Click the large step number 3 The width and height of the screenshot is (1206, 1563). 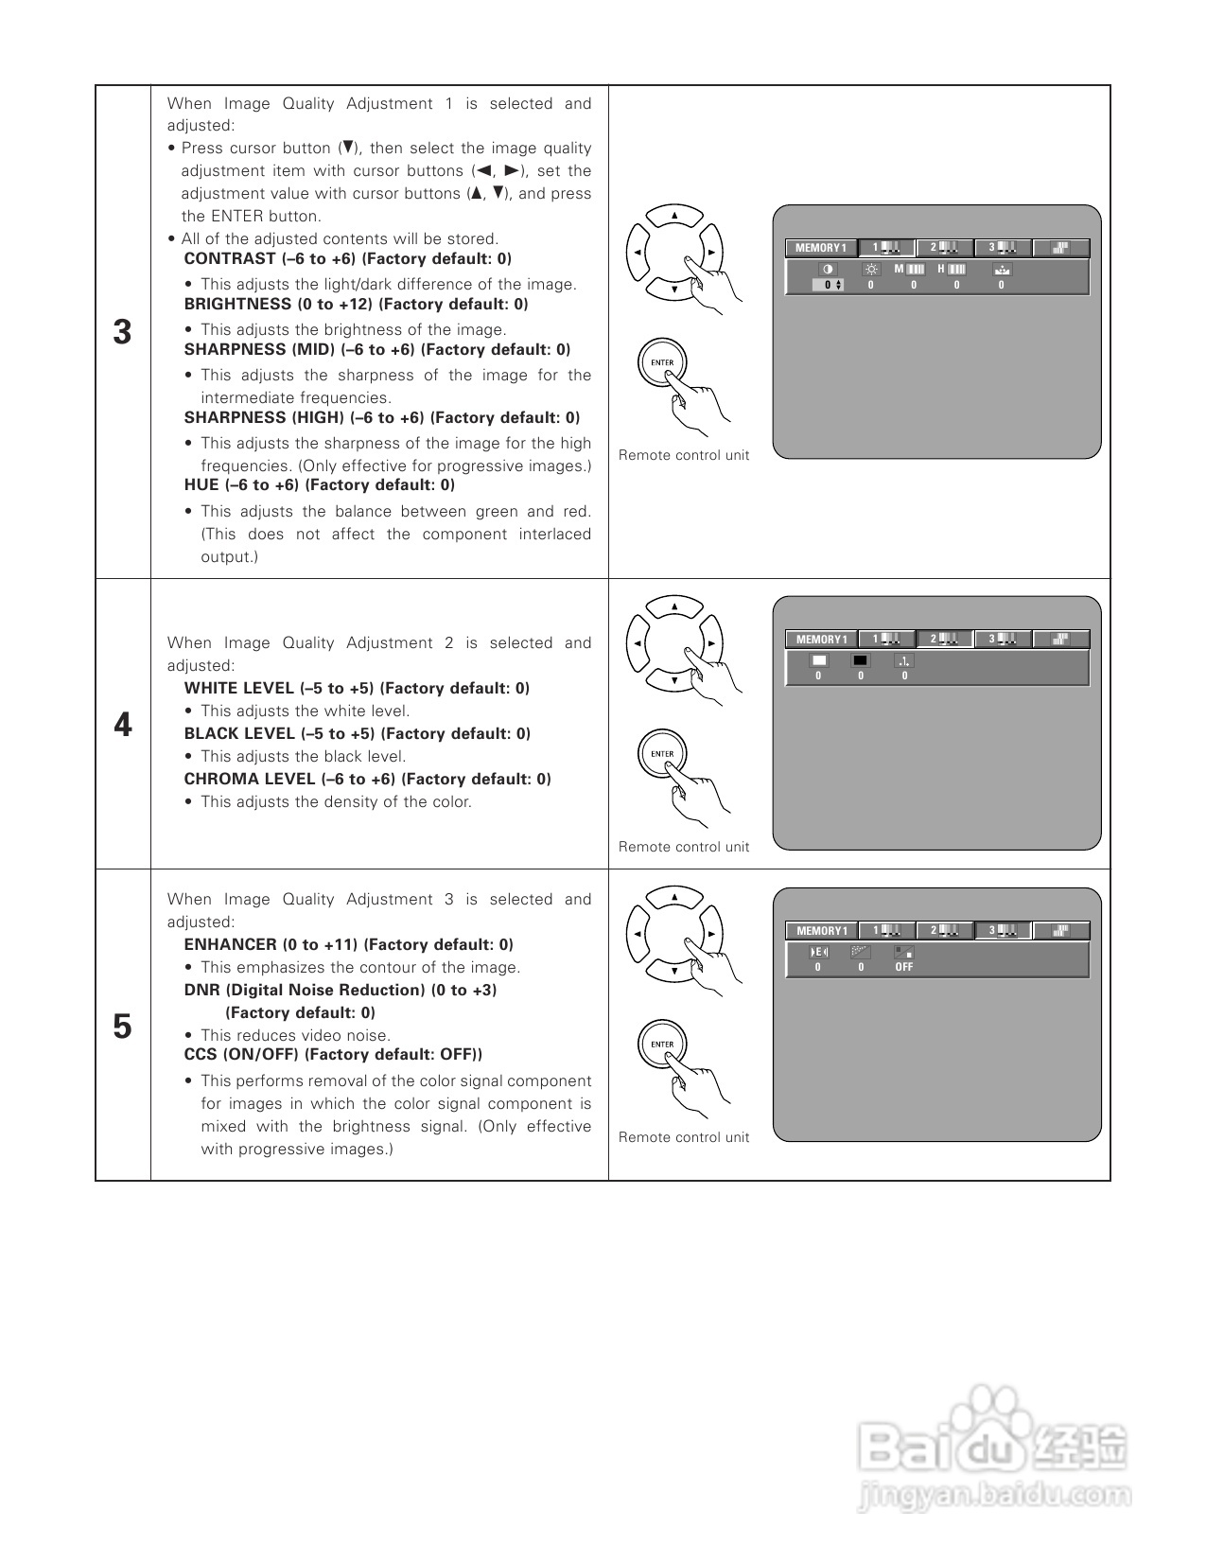122,332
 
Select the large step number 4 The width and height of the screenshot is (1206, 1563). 122,725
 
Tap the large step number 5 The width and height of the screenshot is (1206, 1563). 122,1027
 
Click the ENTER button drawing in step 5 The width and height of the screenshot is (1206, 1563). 662,1045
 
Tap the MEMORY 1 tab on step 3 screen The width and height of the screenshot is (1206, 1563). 820,248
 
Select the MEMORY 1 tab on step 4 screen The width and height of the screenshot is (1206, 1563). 821,640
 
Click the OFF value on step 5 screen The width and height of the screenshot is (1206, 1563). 904,968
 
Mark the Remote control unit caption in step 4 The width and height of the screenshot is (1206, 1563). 683,847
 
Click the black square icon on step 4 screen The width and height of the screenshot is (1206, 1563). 860,661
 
